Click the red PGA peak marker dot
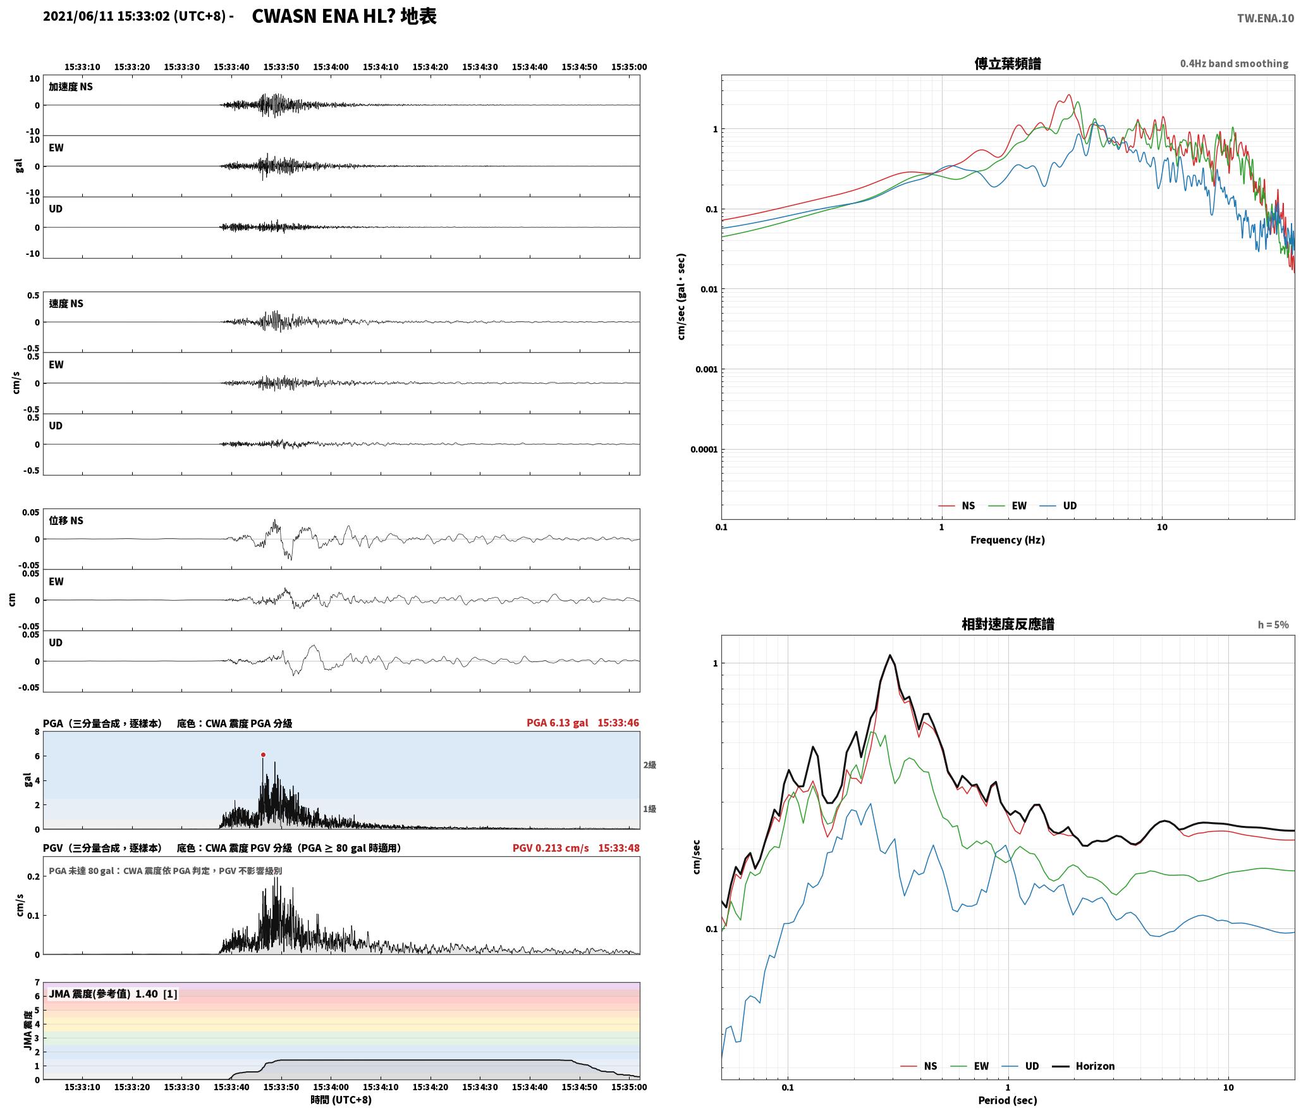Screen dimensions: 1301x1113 click(263, 754)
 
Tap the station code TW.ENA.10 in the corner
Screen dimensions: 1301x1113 click(1266, 18)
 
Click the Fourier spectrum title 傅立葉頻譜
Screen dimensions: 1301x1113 click(1008, 63)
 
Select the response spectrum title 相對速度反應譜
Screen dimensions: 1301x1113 click(1008, 624)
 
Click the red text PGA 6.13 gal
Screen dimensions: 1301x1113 click(557, 723)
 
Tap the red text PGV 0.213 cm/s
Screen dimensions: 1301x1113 click(551, 848)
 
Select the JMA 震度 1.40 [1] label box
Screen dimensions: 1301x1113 click(113, 993)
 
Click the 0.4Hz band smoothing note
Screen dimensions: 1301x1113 click(1234, 63)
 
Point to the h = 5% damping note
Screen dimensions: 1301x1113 click(1273, 625)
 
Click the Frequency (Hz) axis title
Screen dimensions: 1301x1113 click(1008, 540)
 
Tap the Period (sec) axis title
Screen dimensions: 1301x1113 click(1008, 1100)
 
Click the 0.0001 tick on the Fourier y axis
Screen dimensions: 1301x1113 click(704, 450)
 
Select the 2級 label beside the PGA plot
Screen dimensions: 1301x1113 click(650, 765)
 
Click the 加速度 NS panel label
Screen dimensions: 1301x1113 click(71, 87)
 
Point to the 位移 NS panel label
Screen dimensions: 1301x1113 click(66, 520)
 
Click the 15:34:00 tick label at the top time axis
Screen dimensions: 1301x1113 click(331, 67)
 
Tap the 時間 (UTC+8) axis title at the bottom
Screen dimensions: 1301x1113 click(341, 1100)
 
